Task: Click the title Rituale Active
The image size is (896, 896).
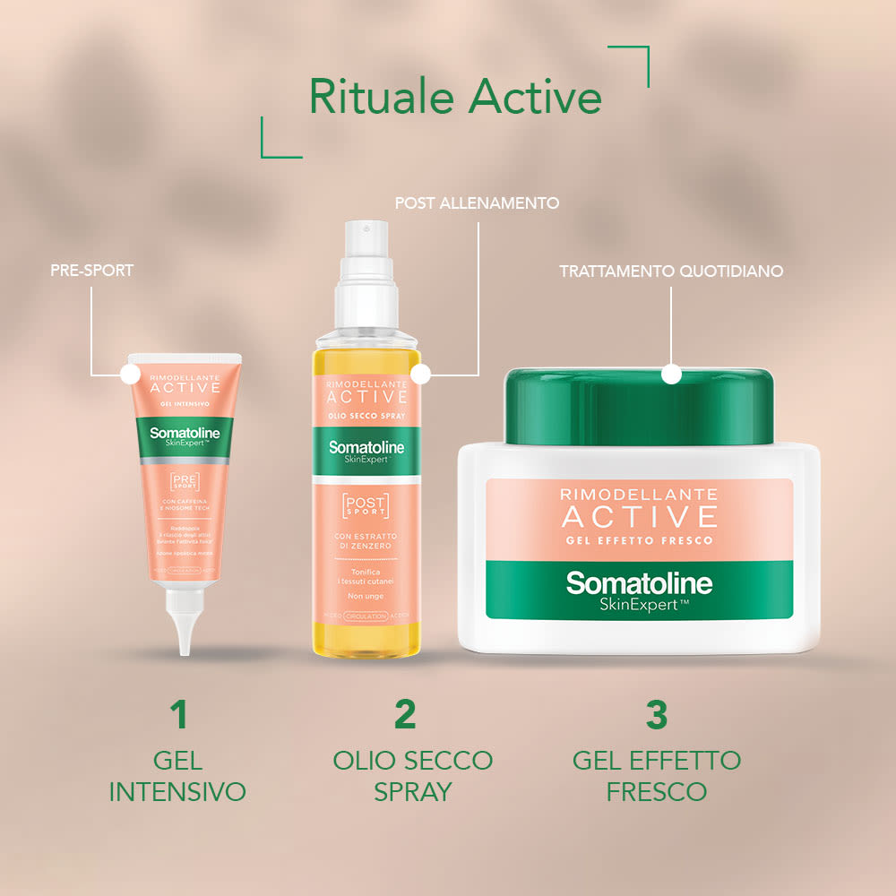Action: (455, 97)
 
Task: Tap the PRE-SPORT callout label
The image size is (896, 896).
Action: (91, 270)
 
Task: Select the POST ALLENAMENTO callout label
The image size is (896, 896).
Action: (477, 203)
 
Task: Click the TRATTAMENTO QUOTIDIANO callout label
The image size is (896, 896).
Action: (671, 271)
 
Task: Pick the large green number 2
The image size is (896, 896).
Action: (405, 715)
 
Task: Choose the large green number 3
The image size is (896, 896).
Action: (657, 715)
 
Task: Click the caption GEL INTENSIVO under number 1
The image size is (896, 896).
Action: (177, 776)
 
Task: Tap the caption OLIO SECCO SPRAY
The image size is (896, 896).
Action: (412, 776)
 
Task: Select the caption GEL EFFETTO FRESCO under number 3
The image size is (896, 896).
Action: (657, 776)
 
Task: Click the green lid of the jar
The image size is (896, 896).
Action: (638, 408)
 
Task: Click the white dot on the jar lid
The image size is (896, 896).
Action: (671, 375)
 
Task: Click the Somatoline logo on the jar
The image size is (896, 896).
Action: (639, 585)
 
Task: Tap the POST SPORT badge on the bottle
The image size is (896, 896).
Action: (366, 505)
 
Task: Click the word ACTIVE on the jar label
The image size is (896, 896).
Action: (639, 517)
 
